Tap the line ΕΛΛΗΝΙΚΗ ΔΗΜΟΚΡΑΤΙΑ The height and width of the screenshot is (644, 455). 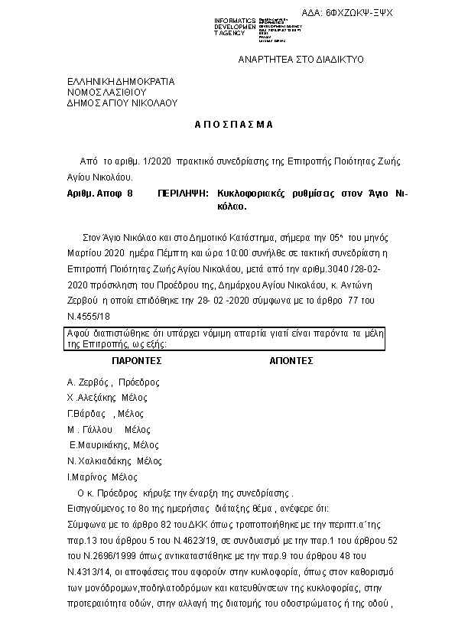(121, 81)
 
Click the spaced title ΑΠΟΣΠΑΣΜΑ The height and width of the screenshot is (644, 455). (227, 124)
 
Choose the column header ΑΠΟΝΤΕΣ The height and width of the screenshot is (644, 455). (292, 359)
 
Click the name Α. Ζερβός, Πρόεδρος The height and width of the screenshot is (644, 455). (114, 382)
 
